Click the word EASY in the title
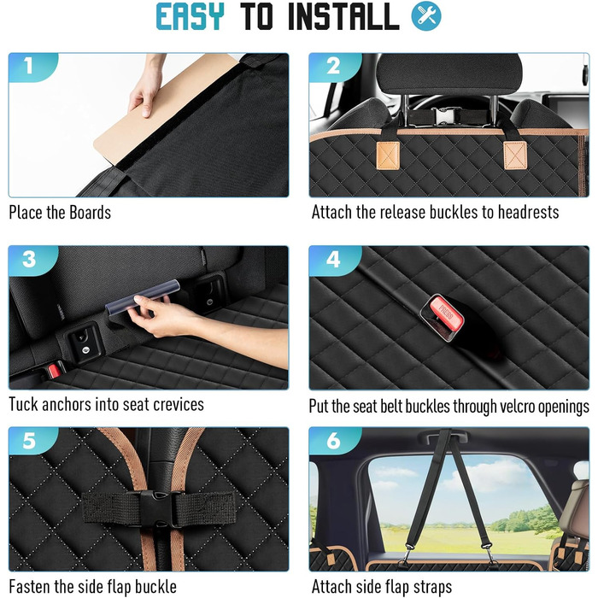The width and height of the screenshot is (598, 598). (190, 16)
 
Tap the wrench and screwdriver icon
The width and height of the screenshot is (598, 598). (426, 16)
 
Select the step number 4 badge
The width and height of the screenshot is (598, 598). (333, 260)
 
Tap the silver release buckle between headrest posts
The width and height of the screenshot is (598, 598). (443, 115)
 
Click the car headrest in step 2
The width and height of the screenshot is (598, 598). (449, 73)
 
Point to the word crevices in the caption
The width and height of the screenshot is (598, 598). (179, 405)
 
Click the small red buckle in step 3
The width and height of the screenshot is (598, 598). (53, 371)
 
